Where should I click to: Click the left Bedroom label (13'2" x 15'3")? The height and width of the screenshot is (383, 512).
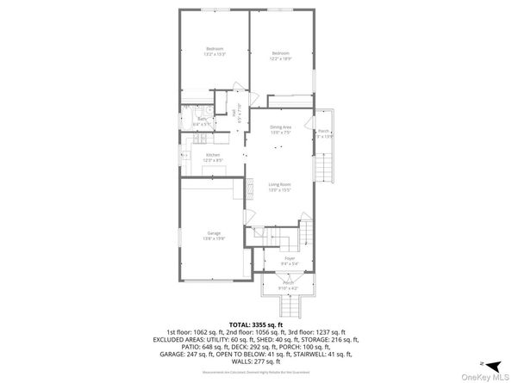coord(215,51)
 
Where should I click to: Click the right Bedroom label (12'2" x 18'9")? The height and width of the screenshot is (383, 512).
coord(281,55)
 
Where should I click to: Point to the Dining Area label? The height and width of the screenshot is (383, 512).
coord(281,129)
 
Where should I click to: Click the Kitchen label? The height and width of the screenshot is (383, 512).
coord(213,158)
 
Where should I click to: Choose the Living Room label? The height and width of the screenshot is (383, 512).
coord(279,187)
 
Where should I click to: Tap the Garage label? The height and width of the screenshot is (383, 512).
coord(214,235)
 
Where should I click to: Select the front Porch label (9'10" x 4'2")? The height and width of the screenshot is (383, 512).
coord(289,286)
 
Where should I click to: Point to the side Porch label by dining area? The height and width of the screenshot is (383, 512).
coord(323,134)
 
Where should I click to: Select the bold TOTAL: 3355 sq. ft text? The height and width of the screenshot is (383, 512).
coord(256,324)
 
